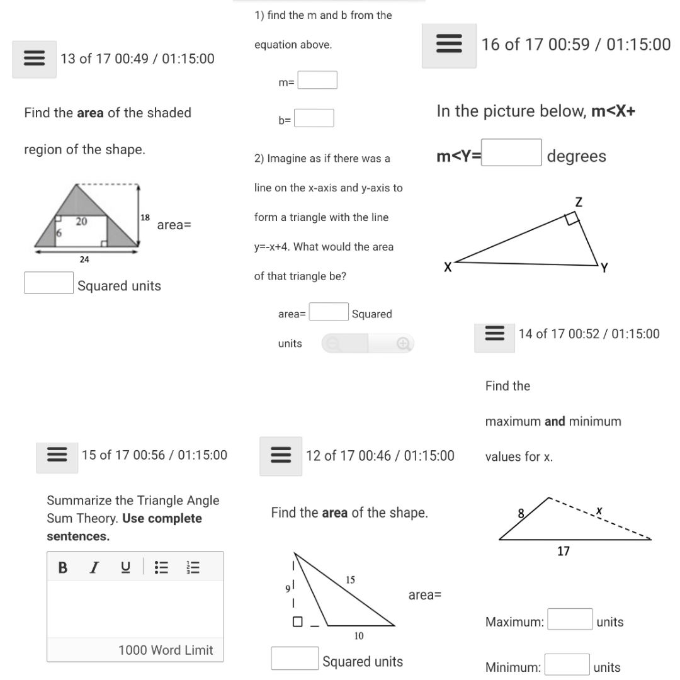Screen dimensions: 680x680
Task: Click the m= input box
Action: pos(317,81)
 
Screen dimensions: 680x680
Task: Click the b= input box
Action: pos(314,118)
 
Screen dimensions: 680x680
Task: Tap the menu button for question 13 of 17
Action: pos(34,59)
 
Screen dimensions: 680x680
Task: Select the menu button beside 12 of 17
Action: pos(281,456)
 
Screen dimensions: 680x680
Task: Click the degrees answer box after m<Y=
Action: pos(512,153)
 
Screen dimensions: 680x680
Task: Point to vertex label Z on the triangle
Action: pos(579,202)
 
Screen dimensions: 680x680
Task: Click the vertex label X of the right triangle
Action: pos(448,268)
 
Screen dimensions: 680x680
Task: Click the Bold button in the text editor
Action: pos(62,567)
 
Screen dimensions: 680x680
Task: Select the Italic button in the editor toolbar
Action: pos(94,567)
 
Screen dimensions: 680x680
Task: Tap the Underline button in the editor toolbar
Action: pos(126,567)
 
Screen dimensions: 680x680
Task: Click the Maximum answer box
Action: pos(570,620)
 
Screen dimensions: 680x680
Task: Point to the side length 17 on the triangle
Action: pos(564,552)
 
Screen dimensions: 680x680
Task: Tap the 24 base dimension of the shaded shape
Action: pos(84,259)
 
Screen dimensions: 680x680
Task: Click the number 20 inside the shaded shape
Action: pos(81,222)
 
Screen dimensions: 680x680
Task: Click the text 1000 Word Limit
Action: pos(166,650)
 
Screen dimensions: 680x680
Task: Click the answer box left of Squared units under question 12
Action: pos(295,659)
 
